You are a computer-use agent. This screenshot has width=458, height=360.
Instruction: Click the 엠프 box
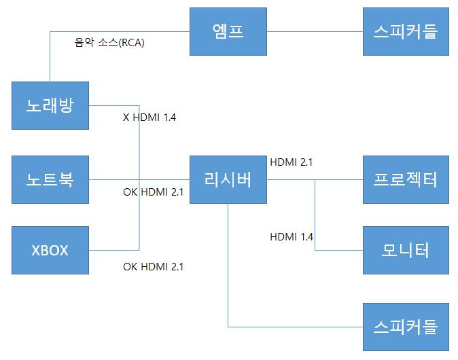coord(228,31)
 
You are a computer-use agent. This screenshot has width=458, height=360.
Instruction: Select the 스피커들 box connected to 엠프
coord(406,31)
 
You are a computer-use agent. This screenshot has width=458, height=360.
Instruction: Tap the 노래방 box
coord(50,105)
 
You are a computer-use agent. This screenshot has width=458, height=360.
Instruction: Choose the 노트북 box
coord(50,179)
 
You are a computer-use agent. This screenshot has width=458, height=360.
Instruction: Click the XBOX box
coord(50,250)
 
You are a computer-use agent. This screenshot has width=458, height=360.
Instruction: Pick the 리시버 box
coord(228,179)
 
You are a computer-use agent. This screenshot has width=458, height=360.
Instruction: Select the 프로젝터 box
coord(406,179)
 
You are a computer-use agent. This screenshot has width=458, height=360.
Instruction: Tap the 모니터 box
coord(406,250)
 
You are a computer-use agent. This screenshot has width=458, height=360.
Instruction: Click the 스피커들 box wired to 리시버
coord(406,326)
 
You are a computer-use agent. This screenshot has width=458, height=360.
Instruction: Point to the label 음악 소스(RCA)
coord(109,42)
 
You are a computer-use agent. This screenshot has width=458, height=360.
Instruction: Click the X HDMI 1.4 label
coord(149,118)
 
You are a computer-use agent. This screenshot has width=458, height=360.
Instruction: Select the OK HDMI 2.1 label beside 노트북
coord(153,192)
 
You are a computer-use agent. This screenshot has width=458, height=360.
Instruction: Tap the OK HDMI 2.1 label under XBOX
coord(153,266)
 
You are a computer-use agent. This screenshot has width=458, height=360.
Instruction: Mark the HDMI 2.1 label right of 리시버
coord(292,162)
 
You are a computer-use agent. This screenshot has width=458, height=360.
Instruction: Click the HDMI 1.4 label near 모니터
coord(292,236)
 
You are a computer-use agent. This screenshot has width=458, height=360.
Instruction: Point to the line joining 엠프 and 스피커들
coord(315,31)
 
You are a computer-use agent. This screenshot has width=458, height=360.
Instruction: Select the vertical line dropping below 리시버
coord(228,272)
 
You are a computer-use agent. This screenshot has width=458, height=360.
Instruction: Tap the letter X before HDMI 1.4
coord(126,118)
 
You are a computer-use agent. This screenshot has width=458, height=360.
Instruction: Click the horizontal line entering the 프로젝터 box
coord(340,180)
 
